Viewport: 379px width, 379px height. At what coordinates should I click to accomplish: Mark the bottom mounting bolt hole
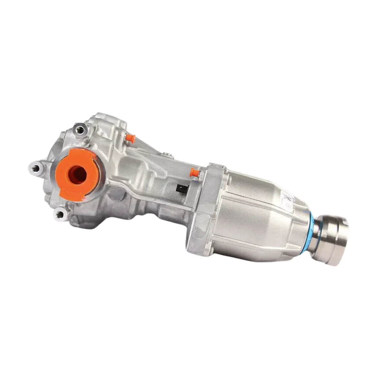60,213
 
